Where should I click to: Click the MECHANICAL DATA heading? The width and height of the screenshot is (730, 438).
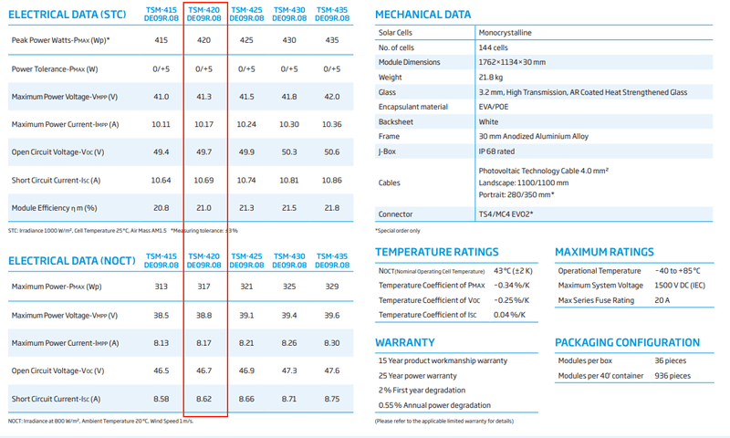pos(423,15)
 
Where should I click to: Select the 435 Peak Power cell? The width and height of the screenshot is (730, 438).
pos(332,41)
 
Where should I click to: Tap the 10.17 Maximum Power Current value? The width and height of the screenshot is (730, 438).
pos(204,124)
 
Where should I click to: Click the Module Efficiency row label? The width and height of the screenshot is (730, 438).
pos(54,209)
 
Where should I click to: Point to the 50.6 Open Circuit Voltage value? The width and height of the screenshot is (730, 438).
pos(332,152)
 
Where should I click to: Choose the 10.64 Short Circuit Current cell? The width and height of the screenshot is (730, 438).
pos(161,181)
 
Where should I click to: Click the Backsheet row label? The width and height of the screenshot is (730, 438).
pos(396,121)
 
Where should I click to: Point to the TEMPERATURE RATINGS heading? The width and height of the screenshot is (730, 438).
pos(437,252)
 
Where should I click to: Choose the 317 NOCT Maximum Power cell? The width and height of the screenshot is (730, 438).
pos(204,287)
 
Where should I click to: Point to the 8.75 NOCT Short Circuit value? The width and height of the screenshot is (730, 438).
pos(332,400)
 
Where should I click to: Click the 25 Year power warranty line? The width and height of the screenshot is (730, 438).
pos(417,376)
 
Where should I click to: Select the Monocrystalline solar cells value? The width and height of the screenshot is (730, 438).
pos(505,33)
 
